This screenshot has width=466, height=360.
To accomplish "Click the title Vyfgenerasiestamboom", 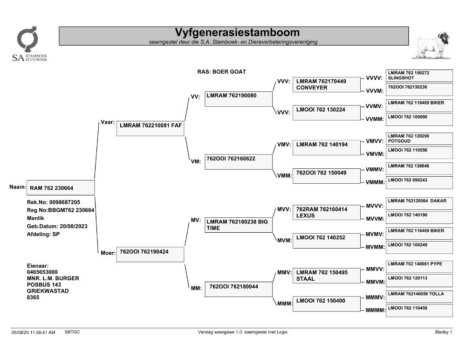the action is coord(237,32).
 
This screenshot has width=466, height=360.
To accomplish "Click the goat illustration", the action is coord(433,45).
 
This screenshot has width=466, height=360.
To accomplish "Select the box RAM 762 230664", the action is coord(61,188).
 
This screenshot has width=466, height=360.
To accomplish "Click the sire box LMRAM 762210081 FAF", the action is coord(150,129).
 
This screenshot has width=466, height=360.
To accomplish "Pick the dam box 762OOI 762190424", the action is coord(150,255).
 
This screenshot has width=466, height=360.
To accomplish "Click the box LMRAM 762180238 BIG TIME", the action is coord(238,225).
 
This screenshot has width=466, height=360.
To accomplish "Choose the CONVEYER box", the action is coord(326,84).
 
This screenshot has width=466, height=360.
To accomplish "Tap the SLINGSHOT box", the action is coord(419,76).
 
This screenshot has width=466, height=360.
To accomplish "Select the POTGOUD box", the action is coord(419,138).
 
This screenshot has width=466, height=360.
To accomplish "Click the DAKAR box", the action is coord(419,203).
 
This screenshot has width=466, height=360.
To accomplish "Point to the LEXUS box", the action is coord(326,213).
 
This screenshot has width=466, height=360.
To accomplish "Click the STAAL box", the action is coord(326,276).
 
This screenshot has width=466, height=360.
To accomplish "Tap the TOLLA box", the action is coord(419,297).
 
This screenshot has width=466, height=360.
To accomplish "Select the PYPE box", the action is coord(419,267).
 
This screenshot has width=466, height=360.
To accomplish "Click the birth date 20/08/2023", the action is coord(74,226).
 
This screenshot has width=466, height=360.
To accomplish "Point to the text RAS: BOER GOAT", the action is coord(222,72).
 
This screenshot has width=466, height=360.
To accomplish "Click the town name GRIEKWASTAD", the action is coord(48,291).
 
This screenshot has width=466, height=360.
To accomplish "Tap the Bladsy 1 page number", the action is coord(444,332).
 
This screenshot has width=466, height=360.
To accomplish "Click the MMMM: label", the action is coord(375,310).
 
